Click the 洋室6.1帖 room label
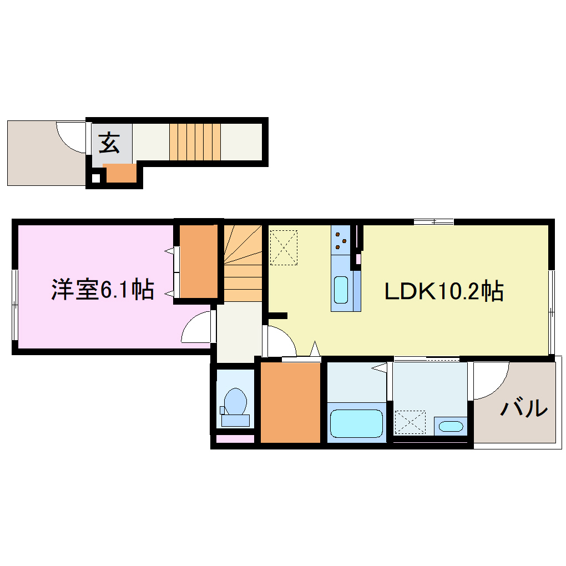click(103, 290)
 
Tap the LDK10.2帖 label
click(444, 291)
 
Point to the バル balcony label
click(524, 409)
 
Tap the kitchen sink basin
click(341, 290)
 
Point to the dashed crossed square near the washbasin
click(410, 422)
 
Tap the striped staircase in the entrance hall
click(195, 142)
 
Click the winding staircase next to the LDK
click(243, 264)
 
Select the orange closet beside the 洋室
click(198, 261)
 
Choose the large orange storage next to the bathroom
click(291, 402)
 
